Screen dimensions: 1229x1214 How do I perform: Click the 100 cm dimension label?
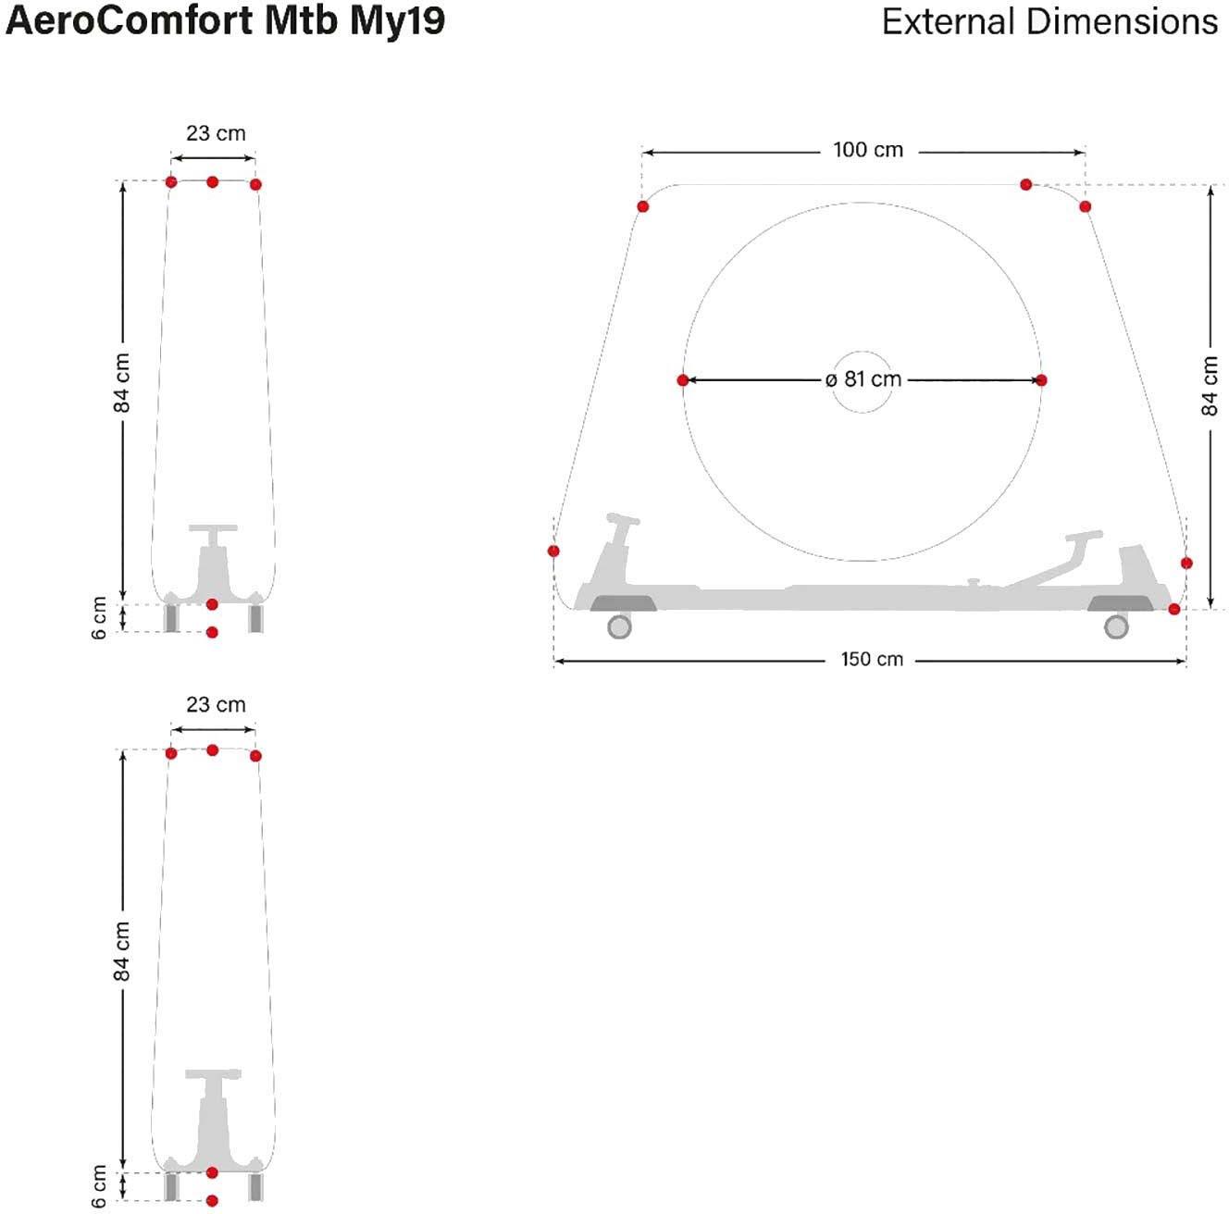868,150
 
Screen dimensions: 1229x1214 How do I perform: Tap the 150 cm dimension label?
872,659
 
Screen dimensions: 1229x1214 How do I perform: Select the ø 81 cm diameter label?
863,379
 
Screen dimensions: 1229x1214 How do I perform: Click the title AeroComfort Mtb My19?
225,21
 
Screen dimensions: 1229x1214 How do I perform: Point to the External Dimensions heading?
1049,21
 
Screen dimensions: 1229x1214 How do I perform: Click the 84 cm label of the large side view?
1210,386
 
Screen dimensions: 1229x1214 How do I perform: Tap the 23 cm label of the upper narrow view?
216,133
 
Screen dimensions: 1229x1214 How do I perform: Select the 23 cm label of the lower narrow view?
216,705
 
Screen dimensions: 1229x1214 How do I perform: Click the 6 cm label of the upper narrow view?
99,617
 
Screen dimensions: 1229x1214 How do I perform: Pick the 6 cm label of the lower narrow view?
99,1186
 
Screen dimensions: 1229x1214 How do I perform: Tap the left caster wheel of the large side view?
619,626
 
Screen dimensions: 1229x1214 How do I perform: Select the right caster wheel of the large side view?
1115,626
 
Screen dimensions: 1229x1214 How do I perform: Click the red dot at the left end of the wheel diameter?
683,380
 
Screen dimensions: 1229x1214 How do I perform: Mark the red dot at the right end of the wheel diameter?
1041,380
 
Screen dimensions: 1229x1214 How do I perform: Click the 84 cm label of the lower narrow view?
121,951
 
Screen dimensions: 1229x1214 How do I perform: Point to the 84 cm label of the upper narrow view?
121,383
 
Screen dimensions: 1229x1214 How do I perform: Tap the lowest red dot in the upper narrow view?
212,632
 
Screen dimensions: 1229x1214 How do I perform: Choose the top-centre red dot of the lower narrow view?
212,750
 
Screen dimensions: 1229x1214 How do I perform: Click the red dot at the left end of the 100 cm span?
643,206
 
